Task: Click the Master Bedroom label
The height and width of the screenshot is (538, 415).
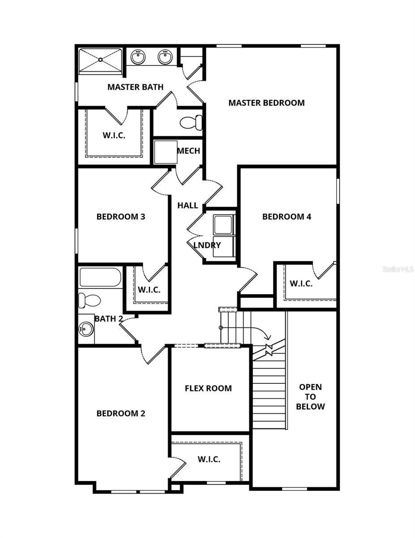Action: click(x=266, y=103)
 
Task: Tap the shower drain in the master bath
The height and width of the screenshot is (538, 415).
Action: click(x=101, y=59)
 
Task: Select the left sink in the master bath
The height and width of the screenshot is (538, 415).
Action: click(x=138, y=57)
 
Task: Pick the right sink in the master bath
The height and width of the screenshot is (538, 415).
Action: click(x=165, y=57)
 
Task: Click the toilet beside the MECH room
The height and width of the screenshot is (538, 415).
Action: click(x=192, y=122)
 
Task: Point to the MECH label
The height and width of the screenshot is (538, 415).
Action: click(x=188, y=151)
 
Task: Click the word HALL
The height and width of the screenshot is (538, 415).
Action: click(x=188, y=206)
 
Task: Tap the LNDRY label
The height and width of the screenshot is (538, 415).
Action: click(x=207, y=245)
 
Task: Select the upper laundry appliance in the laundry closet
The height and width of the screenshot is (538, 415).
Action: click(x=223, y=225)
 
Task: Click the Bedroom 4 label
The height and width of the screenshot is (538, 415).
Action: click(x=287, y=217)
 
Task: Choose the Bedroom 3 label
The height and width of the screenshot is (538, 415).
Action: click(x=121, y=217)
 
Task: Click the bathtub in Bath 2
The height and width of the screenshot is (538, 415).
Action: click(x=100, y=278)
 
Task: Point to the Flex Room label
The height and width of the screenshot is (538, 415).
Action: click(x=208, y=388)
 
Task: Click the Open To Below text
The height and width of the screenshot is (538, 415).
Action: click(x=310, y=397)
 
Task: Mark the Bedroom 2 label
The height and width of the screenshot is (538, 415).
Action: click(x=121, y=413)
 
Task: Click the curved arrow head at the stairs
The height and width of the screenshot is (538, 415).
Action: click(x=267, y=337)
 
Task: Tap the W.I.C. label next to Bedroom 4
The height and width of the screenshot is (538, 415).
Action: click(x=301, y=283)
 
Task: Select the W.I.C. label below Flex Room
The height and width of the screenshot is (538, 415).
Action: click(x=209, y=460)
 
